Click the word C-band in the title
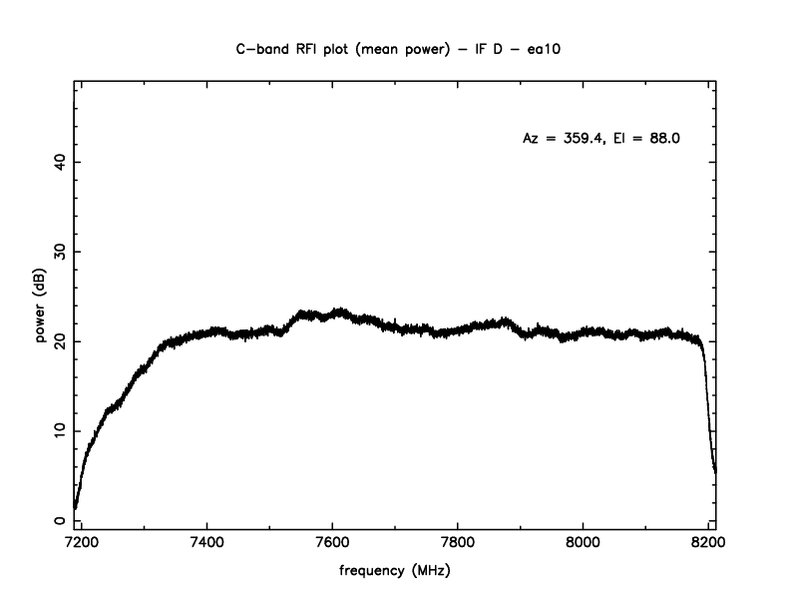click(257, 47)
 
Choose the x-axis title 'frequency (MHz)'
click(395, 572)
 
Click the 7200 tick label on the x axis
click(82, 544)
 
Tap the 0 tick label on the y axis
click(61, 520)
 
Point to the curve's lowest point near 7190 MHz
click(75, 506)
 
